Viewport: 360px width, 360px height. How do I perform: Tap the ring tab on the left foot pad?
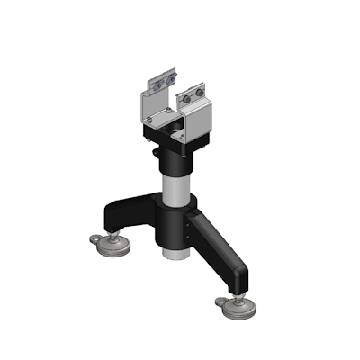click(96, 238)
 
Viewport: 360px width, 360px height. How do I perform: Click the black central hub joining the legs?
click(171, 225)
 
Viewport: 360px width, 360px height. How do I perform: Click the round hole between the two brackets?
click(172, 127)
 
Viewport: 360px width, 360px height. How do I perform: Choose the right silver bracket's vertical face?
click(201, 122)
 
